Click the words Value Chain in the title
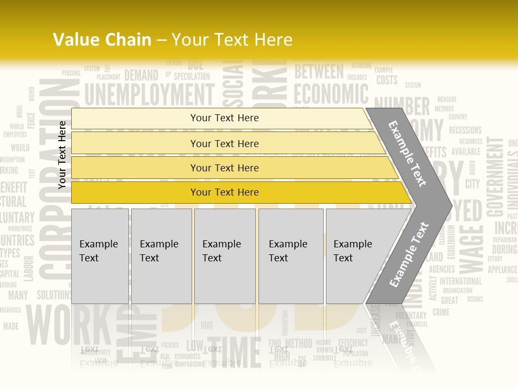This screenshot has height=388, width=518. coord(102,40)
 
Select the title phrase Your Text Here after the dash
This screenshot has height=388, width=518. coord(232,40)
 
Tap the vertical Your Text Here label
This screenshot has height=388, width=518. coord(62,155)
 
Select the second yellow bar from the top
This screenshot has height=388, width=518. coord(227,143)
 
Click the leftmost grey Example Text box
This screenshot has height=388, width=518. coord(100,256)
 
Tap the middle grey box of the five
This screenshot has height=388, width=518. coord(224,256)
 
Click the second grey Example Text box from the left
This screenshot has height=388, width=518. coord(161,256)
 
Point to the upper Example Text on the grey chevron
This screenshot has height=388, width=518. coord(408,154)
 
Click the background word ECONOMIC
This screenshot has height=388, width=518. coord(331,94)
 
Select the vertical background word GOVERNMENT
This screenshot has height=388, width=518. coord(495,172)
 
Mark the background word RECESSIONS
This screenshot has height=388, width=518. coord(465,130)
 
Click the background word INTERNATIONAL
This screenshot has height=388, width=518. coord(461,281)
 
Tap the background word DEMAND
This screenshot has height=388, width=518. coord(141,75)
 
